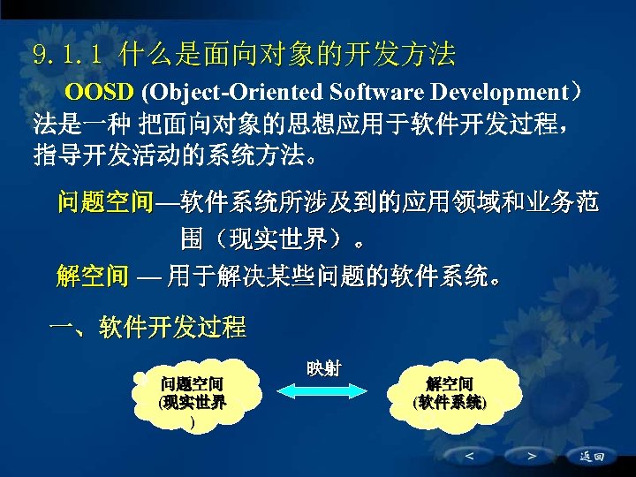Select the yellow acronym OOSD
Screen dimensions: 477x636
(100, 93)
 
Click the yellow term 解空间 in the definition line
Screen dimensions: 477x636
(92, 277)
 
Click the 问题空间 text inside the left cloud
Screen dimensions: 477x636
(191, 384)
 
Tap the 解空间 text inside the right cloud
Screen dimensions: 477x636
(449, 384)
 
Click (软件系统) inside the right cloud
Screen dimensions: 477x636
(449, 402)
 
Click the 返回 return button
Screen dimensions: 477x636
(591, 457)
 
